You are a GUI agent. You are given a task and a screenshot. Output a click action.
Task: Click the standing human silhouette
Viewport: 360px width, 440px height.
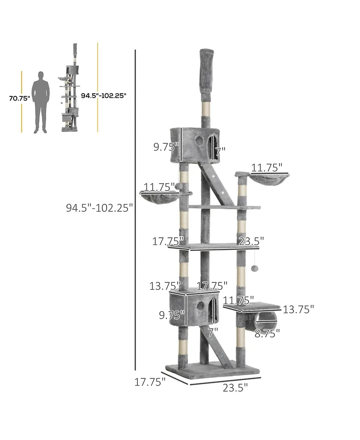[x=41, y=102]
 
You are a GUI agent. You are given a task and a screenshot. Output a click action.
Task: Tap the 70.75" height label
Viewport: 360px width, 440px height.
[x=19, y=98]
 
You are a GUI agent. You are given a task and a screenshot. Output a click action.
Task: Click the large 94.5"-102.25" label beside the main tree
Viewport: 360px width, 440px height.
[x=99, y=208]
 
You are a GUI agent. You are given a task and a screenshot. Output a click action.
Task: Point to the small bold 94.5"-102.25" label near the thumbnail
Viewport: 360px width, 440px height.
[x=103, y=95]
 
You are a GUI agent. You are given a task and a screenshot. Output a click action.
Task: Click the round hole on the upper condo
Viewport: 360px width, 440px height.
[x=198, y=141]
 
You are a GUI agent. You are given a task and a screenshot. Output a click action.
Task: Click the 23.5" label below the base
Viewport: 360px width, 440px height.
[x=235, y=387]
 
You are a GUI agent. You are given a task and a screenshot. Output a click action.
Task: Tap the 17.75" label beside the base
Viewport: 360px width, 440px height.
[x=150, y=381]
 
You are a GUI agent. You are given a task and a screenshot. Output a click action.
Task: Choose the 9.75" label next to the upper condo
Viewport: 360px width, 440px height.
[x=166, y=147]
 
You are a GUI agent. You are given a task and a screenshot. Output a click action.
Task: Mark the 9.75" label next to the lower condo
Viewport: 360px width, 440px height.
[x=172, y=314]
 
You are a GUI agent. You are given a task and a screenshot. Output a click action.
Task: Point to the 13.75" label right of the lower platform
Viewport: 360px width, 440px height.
[x=298, y=309]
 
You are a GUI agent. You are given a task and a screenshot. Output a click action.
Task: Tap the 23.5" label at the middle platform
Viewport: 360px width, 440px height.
[x=251, y=241]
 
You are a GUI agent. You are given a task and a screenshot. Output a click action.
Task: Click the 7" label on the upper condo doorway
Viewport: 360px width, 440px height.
[x=219, y=152]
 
